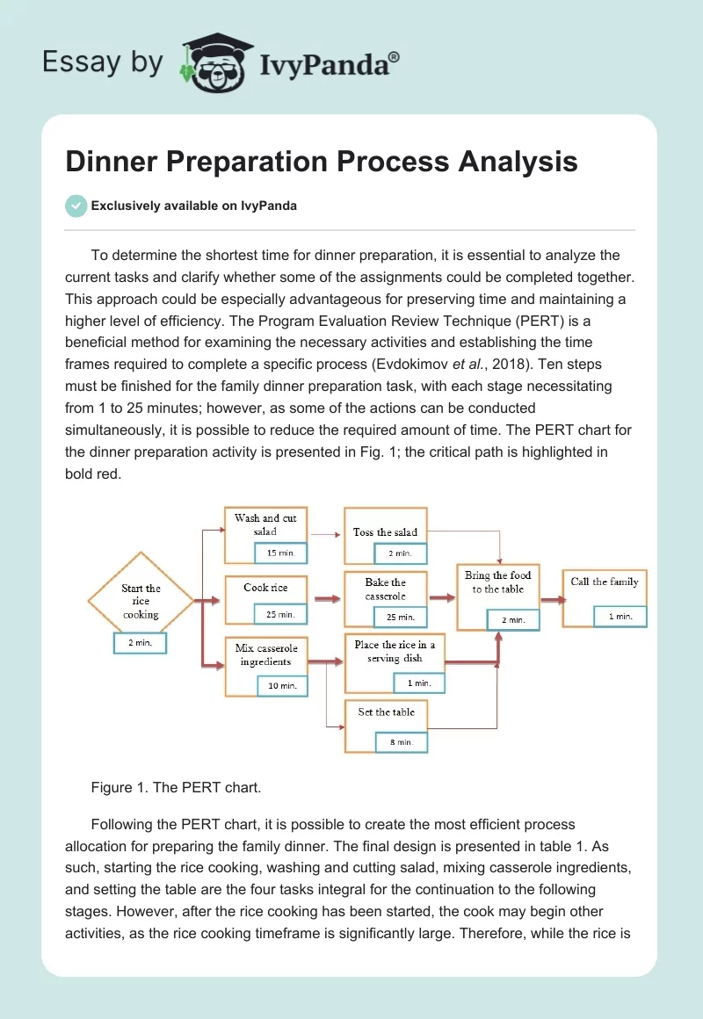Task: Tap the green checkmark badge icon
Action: (76, 206)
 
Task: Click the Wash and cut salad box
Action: (265, 525)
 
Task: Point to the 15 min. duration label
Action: (281, 553)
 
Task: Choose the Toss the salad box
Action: (385, 532)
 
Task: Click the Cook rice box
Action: (265, 588)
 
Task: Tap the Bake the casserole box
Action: (386, 589)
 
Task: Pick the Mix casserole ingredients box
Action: (265, 654)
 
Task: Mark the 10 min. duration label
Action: (282, 685)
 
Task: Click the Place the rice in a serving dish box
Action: (395, 651)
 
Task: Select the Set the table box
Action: (386, 712)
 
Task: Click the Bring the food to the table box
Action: (497, 582)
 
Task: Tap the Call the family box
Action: (605, 582)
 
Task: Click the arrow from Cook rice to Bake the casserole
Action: (327, 599)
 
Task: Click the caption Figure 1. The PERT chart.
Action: (176, 787)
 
